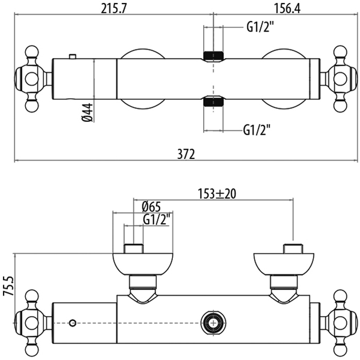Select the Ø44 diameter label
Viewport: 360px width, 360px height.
pos(87,112)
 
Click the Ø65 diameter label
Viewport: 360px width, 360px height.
pos(151,206)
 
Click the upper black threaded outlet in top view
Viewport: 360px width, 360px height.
pos(213,56)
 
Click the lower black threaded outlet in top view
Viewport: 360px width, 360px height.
pos(213,101)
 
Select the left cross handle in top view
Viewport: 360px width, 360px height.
pos(32,78)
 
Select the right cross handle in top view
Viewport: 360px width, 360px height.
pos(340,78)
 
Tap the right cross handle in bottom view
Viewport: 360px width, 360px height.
pos(340,322)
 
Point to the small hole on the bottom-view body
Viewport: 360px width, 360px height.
pos(73,323)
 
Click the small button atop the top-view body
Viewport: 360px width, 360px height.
pos(73,56)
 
